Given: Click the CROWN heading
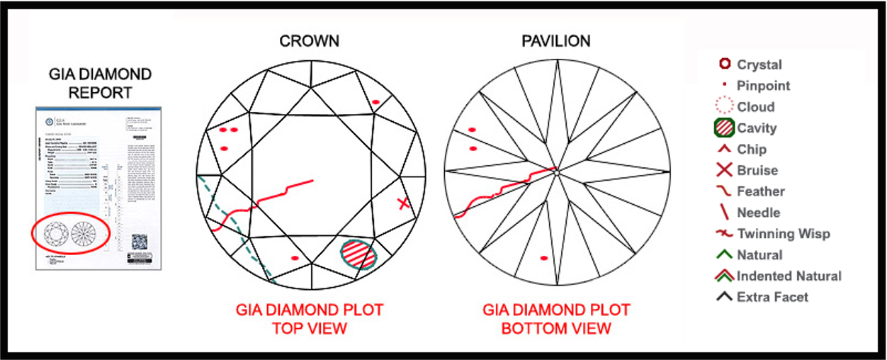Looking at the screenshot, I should tap(310, 40).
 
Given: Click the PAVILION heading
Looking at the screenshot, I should tap(556, 40).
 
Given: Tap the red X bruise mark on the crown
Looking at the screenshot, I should tap(403, 203).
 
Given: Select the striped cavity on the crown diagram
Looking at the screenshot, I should tap(358, 253).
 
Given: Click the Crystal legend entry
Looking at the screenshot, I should tap(759, 64).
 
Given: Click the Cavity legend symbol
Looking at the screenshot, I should tap(723, 128).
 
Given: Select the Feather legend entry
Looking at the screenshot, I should tap(760, 191).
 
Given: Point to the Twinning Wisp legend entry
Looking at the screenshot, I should tap(783, 234).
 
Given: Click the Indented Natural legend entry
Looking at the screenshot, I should tap(789, 276).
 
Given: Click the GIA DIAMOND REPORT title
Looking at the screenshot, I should tap(100, 84).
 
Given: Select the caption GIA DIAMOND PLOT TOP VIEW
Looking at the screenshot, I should tap(310, 319).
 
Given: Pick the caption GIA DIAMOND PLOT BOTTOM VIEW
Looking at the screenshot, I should tap(556, 319).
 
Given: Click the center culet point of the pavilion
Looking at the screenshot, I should tap(558, 171).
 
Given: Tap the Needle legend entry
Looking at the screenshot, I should tap(758, 213).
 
